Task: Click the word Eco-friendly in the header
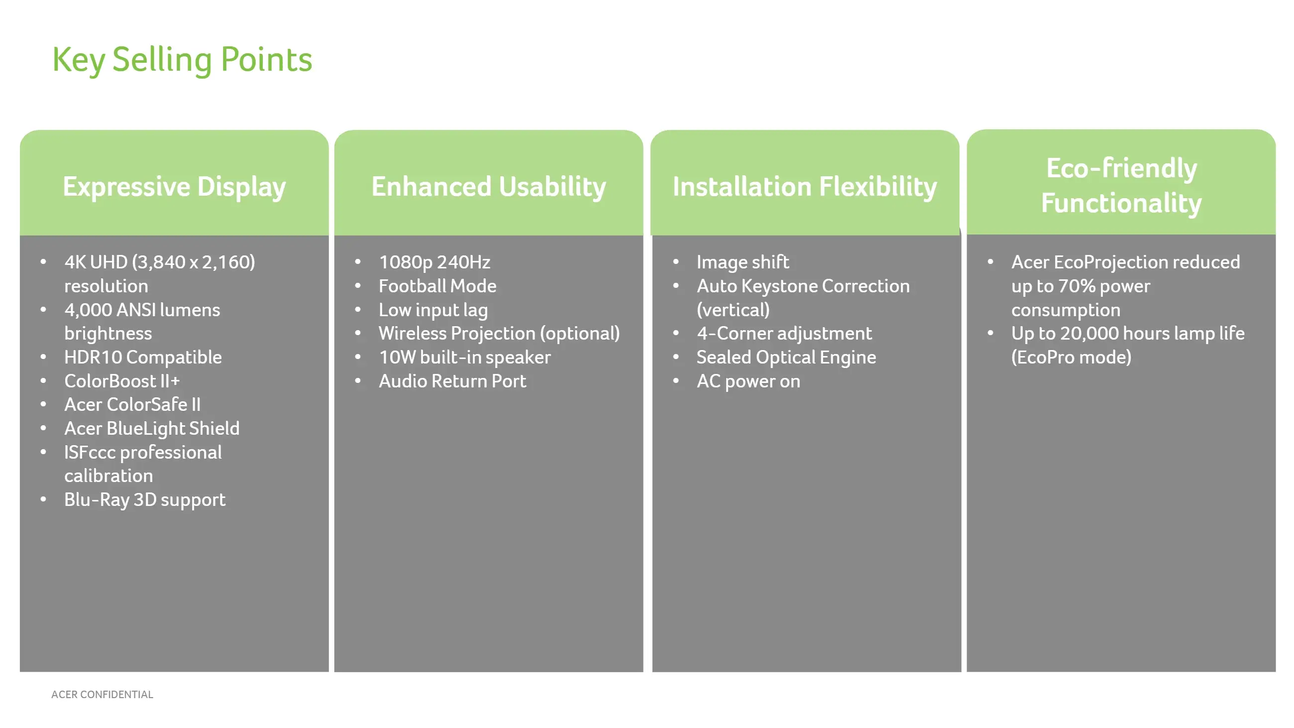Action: point(1121,168)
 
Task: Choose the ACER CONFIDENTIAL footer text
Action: point(103,694)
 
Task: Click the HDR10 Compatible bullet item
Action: point(143,357)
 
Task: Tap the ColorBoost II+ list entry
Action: point(122,381)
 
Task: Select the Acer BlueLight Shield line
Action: point(152,429)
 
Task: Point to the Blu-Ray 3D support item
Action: point(145,500)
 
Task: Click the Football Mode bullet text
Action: point(437,286)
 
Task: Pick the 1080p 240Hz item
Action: point(434,262)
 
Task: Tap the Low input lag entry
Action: point(433,310)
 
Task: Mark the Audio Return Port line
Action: point(452,381)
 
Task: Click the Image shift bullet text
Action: point(743,262)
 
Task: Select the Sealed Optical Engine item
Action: point(786,357)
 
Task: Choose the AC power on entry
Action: point(749,381)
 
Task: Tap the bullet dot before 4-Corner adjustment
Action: point(676,333)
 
